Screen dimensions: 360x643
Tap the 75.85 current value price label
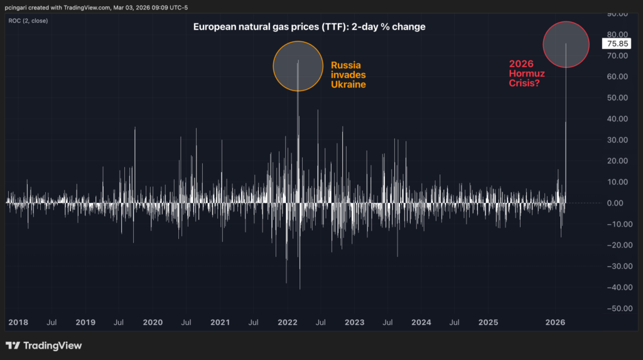[x=613, y=44]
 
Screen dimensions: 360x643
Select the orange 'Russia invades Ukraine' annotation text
[x=349, y=75]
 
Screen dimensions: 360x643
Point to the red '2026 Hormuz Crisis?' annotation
[x=527, y=73]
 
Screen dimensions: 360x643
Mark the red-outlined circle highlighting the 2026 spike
[x=566, y=45]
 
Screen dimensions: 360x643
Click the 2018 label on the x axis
[x=19, y=322]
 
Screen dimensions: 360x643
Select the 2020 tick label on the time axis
[x=153, y=322]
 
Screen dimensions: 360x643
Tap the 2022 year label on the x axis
[x=287, y=322]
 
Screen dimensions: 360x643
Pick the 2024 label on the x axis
[x=421, y=322]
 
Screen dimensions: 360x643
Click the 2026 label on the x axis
[x=555, y=322]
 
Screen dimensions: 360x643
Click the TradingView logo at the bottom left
[x=43, y=346]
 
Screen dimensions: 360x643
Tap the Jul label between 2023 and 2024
[x=387, y=322]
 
